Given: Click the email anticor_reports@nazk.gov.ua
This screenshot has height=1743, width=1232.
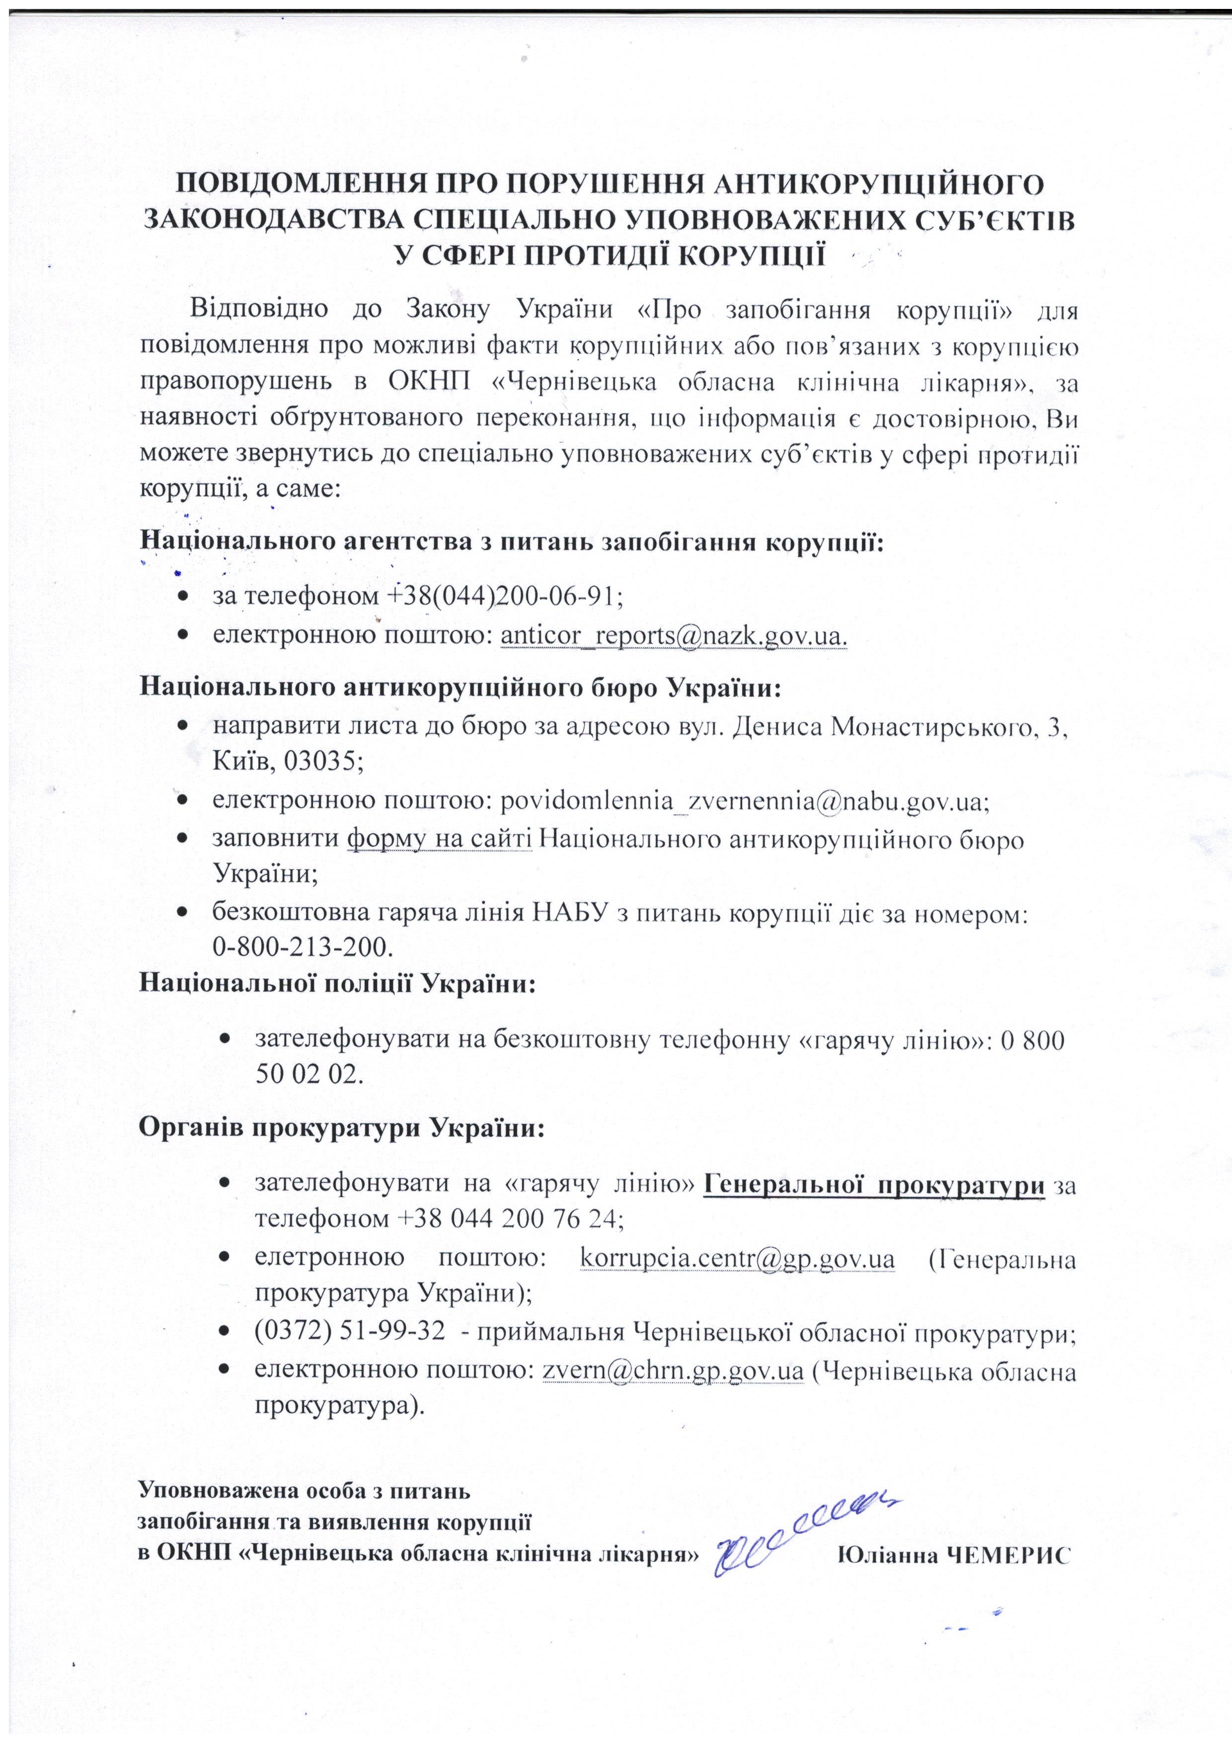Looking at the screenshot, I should (673, 635).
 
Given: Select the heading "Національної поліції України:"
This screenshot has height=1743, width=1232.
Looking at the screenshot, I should (338, 983).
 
